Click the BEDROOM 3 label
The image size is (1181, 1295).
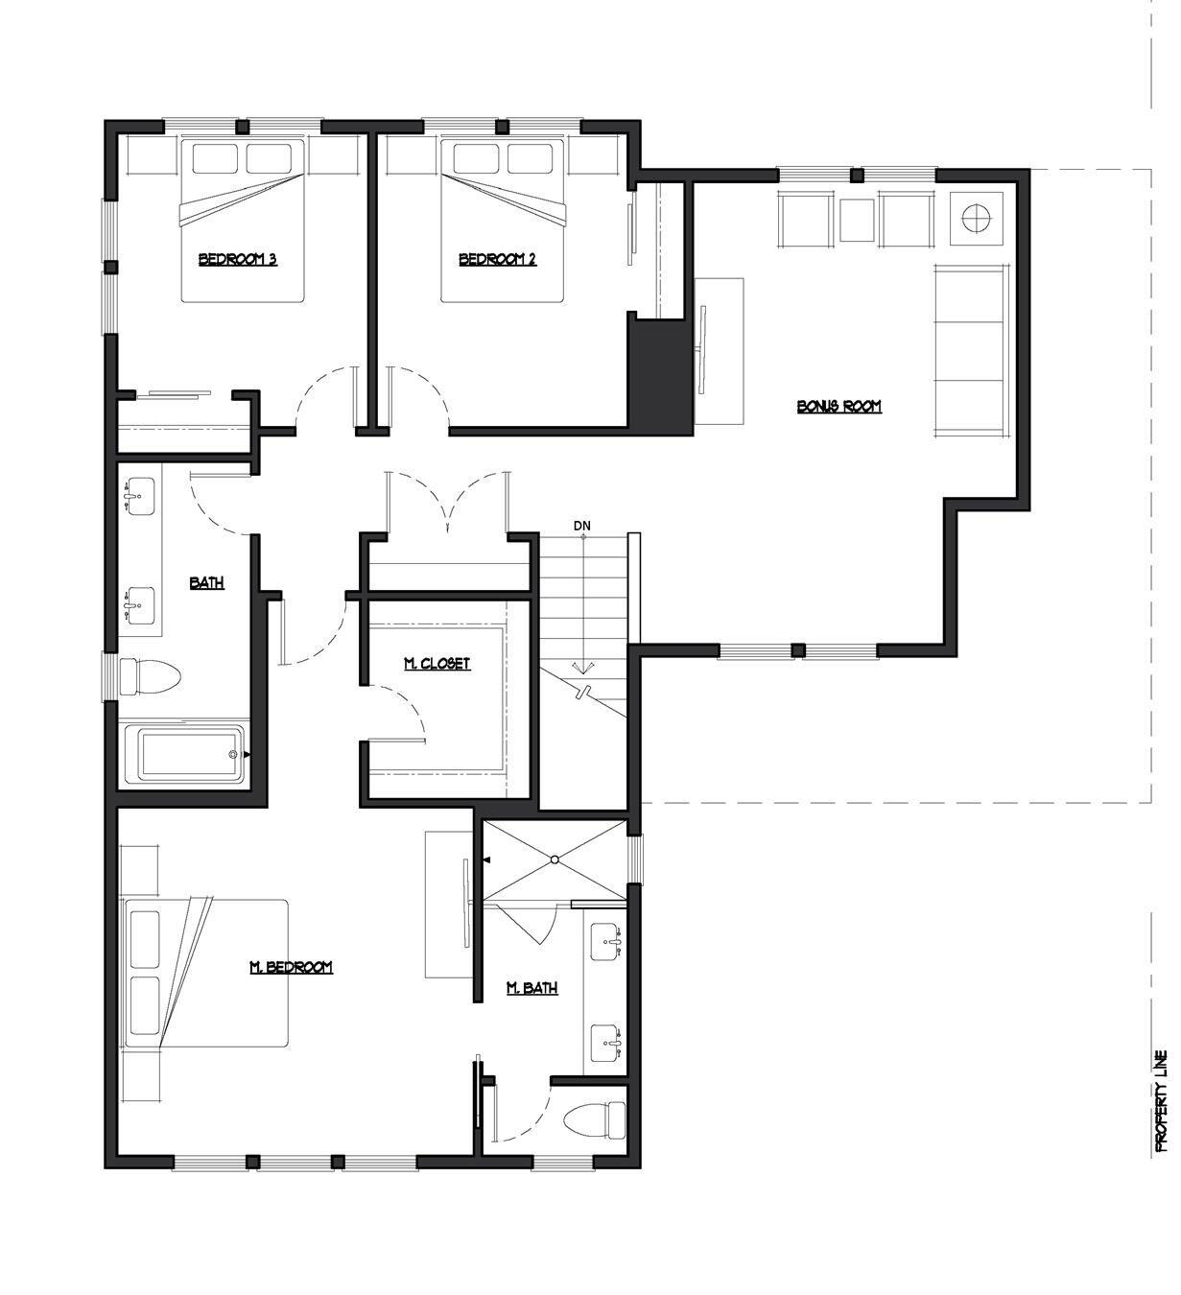(237, 259)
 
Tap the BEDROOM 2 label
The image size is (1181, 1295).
(497, 259)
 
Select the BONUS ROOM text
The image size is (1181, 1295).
(839, 406)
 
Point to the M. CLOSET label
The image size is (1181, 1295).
(437, 663)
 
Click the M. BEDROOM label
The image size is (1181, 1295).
(291, 967)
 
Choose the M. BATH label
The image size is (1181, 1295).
(531, 987)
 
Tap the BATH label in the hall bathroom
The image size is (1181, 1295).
(206, 581)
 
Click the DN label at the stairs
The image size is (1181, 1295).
(582, 526)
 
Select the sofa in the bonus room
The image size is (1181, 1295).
(971, 352)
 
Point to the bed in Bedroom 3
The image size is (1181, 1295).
(243, 221)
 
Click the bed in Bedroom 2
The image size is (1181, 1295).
(503, 221)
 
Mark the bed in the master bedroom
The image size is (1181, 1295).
(205, 973)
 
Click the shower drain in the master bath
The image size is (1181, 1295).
(555, 859)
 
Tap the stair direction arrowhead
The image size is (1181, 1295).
(582, 670)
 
